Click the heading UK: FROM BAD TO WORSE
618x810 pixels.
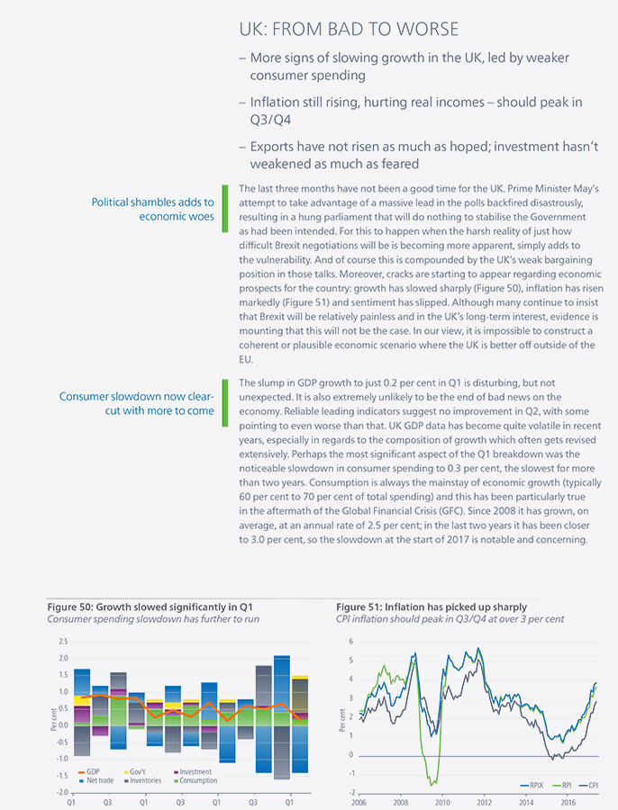coord(349,29)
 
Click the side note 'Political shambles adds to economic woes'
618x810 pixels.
coord(152,209)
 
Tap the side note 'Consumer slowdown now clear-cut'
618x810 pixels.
coord(137,403)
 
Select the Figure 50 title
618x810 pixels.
coord(150,607)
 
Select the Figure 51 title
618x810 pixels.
coord(432,607)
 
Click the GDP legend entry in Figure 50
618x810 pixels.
coord(88,772)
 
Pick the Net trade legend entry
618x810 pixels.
coord(95,780)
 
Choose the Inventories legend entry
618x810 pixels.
coord(142,780)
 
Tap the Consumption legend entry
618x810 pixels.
coord(195,780)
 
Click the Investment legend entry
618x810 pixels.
coord(193,772)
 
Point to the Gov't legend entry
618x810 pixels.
coord(134,772)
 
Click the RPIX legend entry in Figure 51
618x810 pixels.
coord(532,785)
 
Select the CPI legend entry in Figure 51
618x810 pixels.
coord(588,785)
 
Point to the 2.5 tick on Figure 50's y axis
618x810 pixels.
coord(63,642)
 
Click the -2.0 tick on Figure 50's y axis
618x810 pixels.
coord(62,792)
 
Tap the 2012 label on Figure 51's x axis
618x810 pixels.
coord(484,803)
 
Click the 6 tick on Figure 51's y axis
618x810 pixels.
coord(351,642)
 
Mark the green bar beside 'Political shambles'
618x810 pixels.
coord(225,209)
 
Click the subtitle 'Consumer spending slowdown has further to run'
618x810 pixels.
coord(153,619)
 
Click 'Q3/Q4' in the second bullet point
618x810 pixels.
coord(270,120)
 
